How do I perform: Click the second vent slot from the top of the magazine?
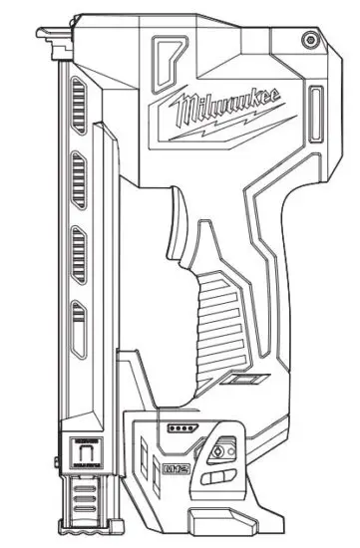[77, 181]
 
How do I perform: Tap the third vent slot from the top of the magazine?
[77, 245]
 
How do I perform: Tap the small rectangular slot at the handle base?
[244, 380]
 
